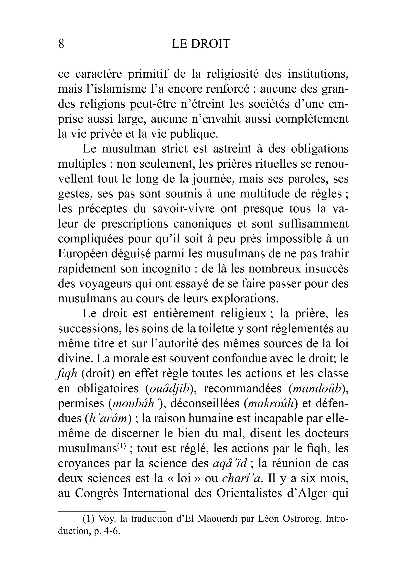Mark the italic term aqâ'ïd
[230, 464]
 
